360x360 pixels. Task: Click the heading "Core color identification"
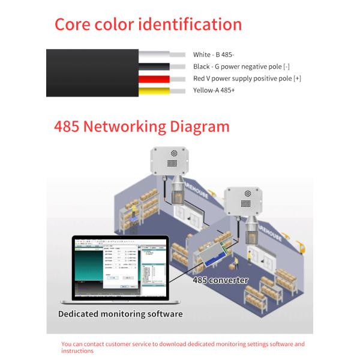click(148, 25)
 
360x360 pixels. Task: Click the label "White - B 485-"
click(215, 55)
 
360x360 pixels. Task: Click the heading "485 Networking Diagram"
click(142, 127)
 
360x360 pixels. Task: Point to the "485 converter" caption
click(220, 280)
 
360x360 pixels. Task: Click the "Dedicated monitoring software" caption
click(120, 313)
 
